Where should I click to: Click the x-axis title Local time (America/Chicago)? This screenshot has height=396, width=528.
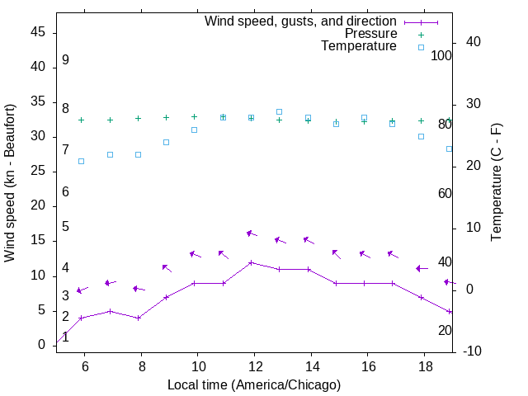(253, 384)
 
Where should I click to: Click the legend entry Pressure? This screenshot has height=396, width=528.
(370, 34)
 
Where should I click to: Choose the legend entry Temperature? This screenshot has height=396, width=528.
(359, 47)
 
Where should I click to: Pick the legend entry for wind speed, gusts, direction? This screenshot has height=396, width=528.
(300, 21)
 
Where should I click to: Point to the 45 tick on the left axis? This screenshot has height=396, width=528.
(38, 32)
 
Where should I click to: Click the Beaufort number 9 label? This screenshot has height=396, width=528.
(65, 60)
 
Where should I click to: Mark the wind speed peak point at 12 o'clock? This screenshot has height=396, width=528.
(251, 262)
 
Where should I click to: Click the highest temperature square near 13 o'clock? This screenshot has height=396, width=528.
(279, 111)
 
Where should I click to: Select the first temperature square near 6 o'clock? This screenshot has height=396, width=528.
(81, 161)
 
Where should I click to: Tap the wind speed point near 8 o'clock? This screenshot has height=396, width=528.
(138, 318)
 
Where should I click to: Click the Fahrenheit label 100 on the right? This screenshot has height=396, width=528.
(441, 55)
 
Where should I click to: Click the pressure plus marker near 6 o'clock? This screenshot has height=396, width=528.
(81, 120)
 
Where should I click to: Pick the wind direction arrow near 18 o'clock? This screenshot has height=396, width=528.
(422, 268)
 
